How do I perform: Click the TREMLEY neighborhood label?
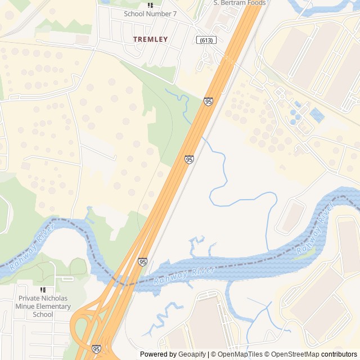coord(150,39)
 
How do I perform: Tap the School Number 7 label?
coord(150,13)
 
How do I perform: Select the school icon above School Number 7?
coord(150,5)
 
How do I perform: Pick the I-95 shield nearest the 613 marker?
coord(209,101)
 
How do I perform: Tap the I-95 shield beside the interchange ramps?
coord(96,349)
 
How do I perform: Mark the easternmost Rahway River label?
coord(314,231)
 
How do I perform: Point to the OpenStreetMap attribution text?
coord(295,354)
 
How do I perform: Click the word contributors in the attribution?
coord(339,354)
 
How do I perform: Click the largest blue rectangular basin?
coord(317,115)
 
